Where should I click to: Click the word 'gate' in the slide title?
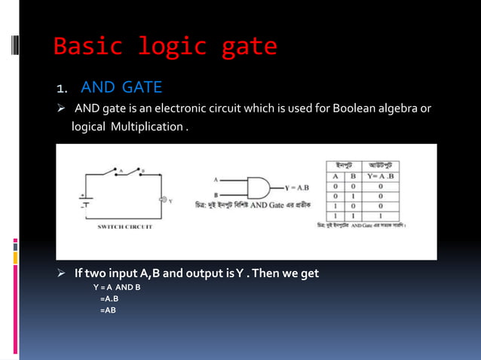[250, 47]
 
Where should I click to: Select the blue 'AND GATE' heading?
[121, 87]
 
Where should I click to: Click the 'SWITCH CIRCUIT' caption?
[125, 226]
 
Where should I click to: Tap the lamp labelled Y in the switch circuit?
[161, 200]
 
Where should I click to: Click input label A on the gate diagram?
[217, 180]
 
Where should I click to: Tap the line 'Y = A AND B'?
[117, 288]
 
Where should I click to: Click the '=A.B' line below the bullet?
[109, 299]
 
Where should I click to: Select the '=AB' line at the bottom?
[108, 310]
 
